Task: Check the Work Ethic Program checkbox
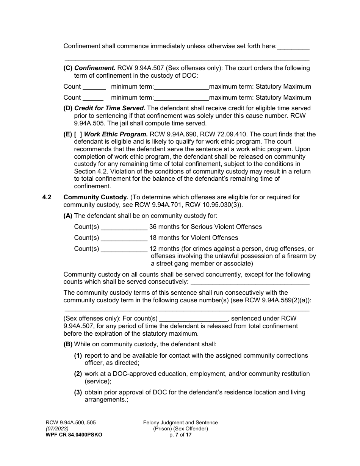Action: pos(78,134)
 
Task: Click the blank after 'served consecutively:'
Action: pos(250,282)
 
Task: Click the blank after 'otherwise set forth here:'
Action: pos(293,47)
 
